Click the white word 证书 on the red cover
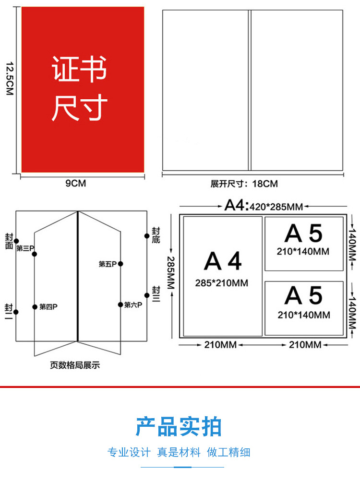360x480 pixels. point(79,70)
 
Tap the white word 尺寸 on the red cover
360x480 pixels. point(79,108)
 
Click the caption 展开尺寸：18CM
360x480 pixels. point(244,184)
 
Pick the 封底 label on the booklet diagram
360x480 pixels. point(156,235)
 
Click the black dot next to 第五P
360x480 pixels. point(120,264)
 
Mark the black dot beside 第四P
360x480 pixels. point(35,307)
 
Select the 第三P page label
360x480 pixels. point(25,248)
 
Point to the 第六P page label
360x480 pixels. point(133,304)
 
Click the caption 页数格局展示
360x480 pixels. point(75,365)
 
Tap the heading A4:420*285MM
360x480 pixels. point(264,206)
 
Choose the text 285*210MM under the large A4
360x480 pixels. point(222,283)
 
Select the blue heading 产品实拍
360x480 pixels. point(179,426)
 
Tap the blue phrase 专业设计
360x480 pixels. point(129,452)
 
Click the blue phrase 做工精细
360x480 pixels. point(228,452)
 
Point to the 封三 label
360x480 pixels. point(156,293)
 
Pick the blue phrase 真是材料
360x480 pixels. point(179,452)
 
